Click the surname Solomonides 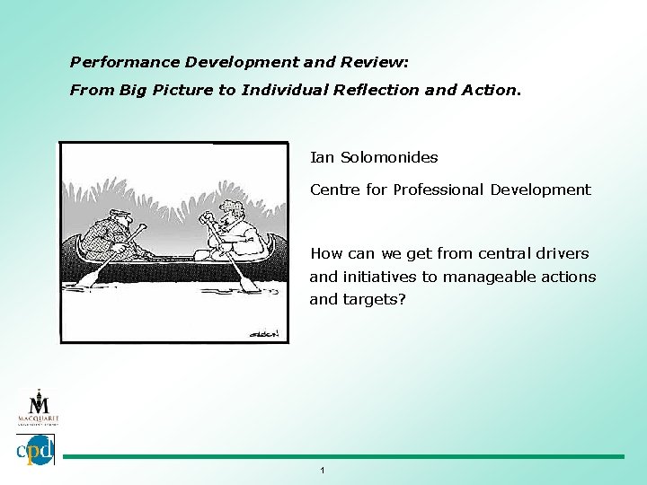[388, 157]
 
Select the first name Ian [321, 157]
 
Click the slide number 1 [323, 470]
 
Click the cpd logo [36, 449]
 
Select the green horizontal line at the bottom [341, 456]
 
